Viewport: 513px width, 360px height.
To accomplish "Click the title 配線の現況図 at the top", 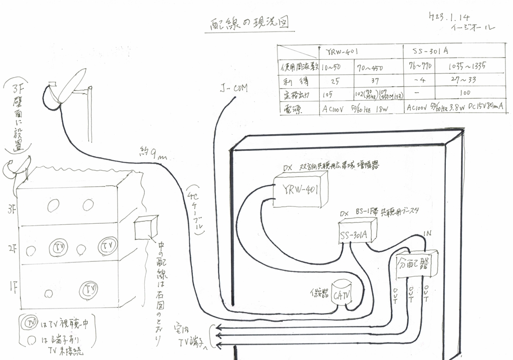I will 248,24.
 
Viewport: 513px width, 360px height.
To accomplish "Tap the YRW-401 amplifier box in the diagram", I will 300,189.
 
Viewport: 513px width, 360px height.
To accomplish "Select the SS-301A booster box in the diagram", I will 356,232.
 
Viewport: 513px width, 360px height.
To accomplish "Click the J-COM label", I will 234,90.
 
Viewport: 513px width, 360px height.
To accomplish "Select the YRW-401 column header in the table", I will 341,51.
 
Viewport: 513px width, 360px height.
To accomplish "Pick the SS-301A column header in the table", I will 430,51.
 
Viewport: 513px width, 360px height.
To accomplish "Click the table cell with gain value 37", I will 372,80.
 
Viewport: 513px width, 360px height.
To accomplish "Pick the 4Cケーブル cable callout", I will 197,210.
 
